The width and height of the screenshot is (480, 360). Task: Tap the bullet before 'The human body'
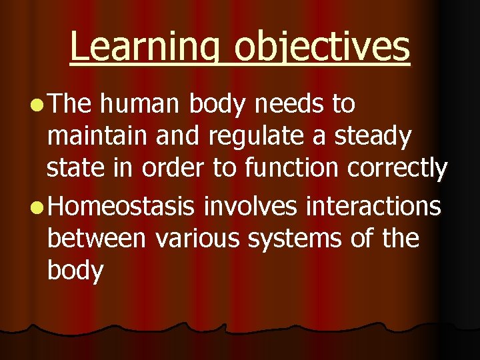pyautogui.click(x=35, y=105)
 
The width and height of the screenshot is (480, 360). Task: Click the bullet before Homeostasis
pyautogui.click(x=35, y=207)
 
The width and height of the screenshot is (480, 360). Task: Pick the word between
pyautogui.click(x=96, y=238)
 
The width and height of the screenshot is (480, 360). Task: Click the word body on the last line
pyautogui.click(x=75, y=272)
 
